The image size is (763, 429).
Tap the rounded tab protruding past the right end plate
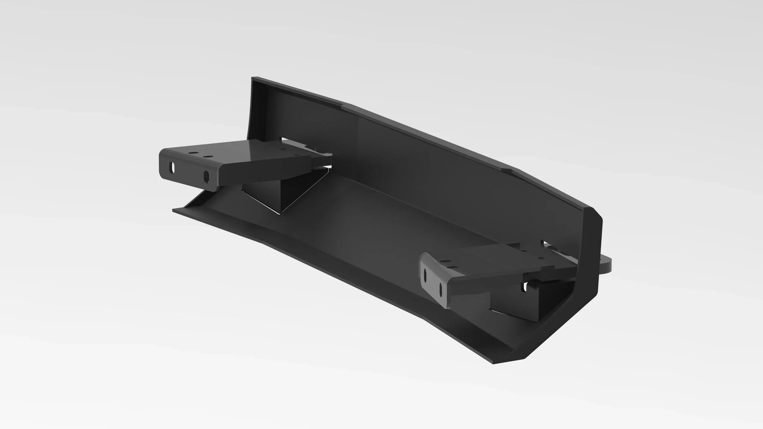pyautogui.click(x=606, y=266)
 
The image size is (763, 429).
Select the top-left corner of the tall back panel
pyautogui.click(x=253, y=79)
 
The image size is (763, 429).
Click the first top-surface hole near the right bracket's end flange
pyautogui.click(x=446, y=262)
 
